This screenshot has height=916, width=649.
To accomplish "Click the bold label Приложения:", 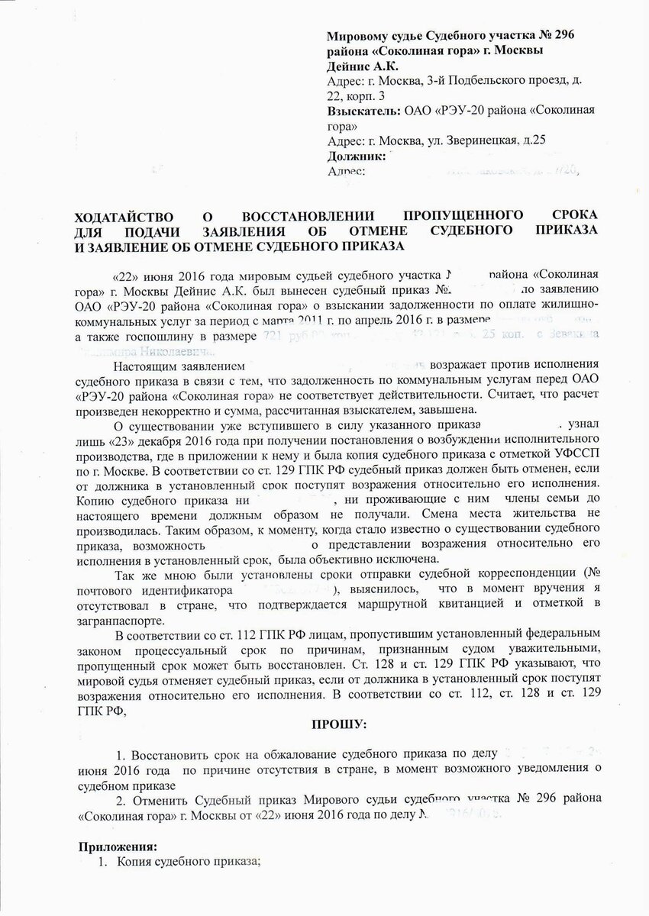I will coord(118,846).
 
